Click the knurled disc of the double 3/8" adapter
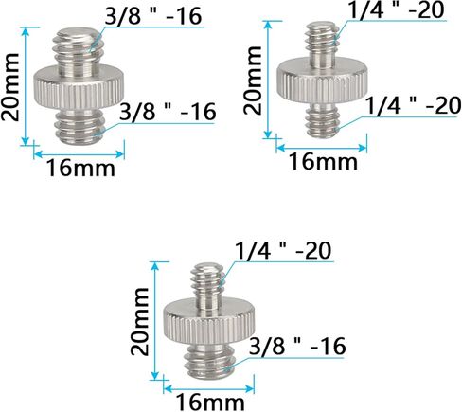point(79,87)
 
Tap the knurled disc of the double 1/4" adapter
point(322,82)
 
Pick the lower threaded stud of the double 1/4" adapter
point(322,121)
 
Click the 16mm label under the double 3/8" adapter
point(81,169)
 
